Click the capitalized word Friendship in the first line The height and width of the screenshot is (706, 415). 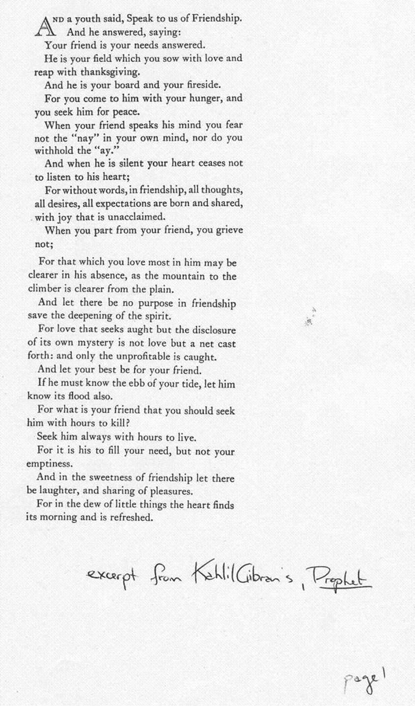[216, 18]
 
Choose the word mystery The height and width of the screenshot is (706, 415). [91, 343]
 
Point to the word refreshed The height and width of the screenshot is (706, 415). [130, 517]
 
